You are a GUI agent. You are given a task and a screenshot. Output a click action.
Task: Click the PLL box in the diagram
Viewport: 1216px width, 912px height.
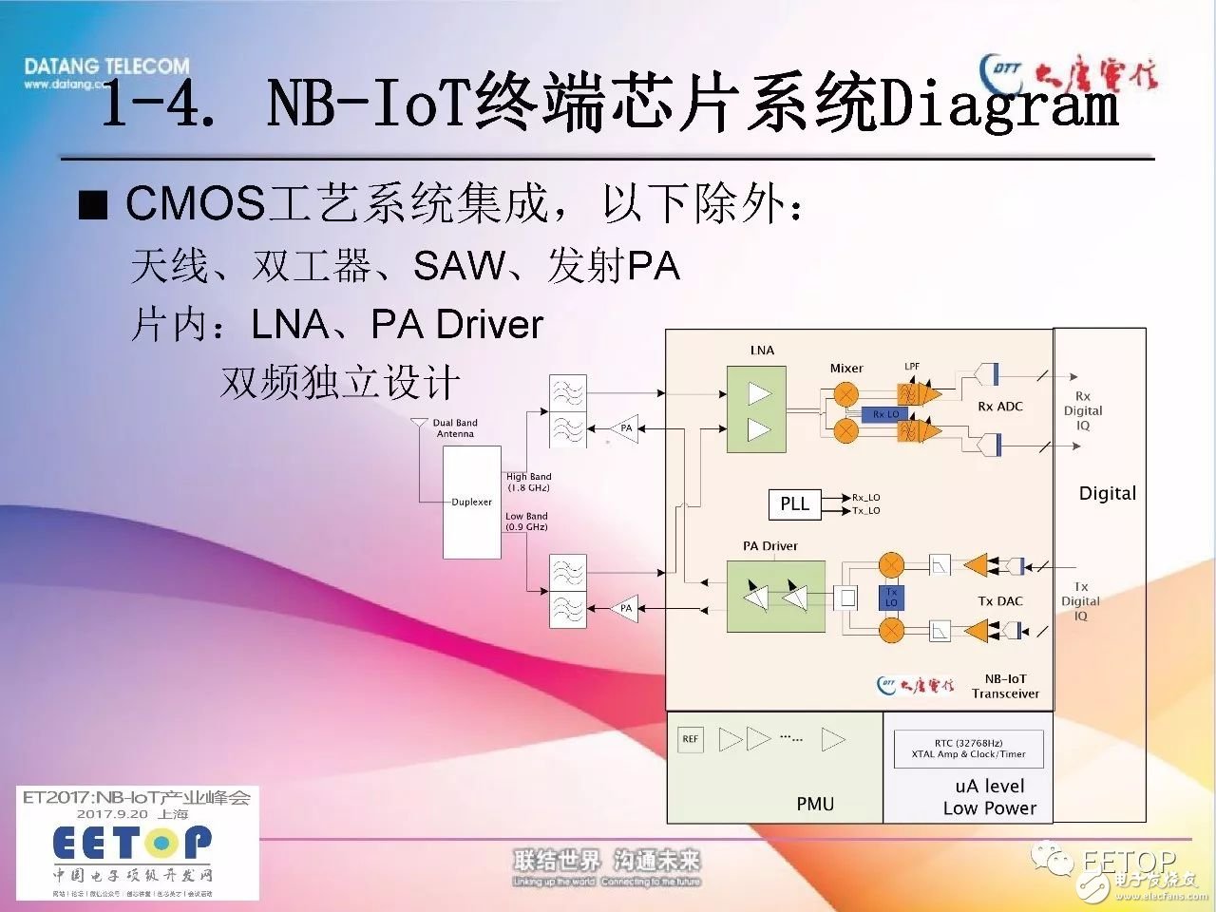[x=794, y=503]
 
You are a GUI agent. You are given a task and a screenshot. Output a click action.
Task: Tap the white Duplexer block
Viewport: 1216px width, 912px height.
[x=472, y=503]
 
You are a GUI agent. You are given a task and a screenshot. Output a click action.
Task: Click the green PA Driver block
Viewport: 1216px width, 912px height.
[x=775, y=597]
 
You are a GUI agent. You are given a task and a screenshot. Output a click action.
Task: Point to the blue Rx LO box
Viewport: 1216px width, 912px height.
[x=885, y=414]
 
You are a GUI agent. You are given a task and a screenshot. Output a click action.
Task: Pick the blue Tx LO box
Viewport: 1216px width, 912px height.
[x=891, y=598]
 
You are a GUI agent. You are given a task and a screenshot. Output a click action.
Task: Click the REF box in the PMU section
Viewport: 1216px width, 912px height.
[x=691, y=739]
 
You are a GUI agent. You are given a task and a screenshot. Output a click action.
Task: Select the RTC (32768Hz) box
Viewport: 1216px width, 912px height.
[x=968, y=749]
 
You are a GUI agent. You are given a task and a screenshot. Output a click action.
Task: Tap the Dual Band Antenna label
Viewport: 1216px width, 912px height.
[x=455, y=428]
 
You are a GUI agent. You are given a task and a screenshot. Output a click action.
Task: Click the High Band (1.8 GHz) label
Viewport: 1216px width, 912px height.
[x=528, y=482]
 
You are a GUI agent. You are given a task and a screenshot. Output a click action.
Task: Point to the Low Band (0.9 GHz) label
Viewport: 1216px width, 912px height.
[x=526, y=522]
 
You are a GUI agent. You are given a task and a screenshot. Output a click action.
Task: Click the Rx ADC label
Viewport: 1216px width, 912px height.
[x=1000, y=407]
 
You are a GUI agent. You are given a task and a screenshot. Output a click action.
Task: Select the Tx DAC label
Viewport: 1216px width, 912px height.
[x=1000, y=601]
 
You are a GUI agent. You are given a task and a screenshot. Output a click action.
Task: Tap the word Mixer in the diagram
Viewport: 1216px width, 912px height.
[x=846, y=369]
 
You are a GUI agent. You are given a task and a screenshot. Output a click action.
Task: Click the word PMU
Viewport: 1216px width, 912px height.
[x=815, y=804]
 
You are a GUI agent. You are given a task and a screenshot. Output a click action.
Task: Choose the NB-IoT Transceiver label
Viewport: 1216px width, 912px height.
[x=1005, y=686]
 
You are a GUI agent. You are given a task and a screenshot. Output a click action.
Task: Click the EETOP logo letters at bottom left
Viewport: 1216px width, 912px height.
[x=132, y=843]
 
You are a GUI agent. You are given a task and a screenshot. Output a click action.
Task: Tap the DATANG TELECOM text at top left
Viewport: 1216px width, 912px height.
[x=106, y=66]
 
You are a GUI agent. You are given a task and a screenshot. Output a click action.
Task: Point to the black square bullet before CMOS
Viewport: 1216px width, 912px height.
[x=93, y=205]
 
